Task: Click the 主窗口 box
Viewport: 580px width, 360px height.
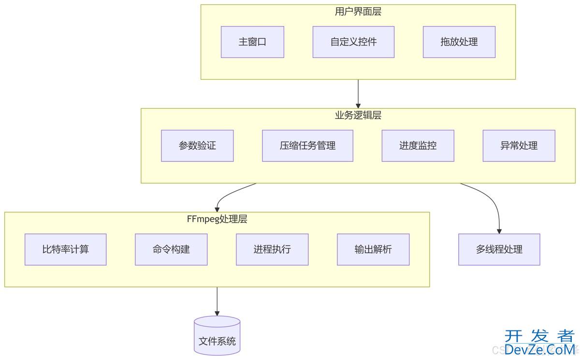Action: [252, 42]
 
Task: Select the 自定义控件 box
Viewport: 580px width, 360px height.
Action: [353, 42]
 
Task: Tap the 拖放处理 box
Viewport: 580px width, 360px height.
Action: [459, 42]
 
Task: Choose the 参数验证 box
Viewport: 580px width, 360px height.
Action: [197, 145]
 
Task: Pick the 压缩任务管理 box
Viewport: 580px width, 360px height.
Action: [307, 145]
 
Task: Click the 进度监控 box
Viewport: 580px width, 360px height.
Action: [418, 145]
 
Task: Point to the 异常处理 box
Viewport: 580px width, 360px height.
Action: [519, 145]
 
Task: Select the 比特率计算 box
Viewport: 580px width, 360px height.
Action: [65, 249]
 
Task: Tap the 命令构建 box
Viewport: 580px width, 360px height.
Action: [171, 249]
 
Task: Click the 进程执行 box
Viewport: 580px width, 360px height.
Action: [272, 249]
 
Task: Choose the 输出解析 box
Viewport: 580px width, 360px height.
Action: [373, 249]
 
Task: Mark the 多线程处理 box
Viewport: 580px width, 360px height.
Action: [499, 249]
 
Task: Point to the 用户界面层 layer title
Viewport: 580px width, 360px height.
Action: [358, 12]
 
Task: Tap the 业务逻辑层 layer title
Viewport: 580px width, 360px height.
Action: [358, 115]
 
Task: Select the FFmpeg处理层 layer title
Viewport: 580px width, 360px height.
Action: [217, 219]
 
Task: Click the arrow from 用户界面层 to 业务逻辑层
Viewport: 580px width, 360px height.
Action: [358, 93]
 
